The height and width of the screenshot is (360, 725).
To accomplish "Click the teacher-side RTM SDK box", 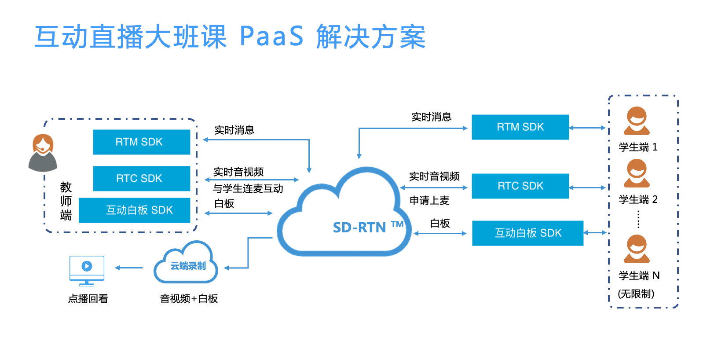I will pyautogui.click(x=141, y=142).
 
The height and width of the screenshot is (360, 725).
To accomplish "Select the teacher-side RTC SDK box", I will pyautogui.click(x=141, y=179).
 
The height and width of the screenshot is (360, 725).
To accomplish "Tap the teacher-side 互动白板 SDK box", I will pyautogui.click(x=135, y=210).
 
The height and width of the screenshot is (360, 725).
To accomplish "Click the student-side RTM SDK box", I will pyautogui.click(x=520, y=127).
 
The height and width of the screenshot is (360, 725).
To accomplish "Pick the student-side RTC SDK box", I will pyautogui.click(x=520, y=186).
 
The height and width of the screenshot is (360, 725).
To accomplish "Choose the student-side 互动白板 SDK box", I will pyautogui.click(x=527, y=233).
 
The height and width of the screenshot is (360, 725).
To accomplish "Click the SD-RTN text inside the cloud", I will pyautogui.click(x=359, y=228).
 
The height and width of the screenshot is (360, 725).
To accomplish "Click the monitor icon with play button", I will pyautogui.click(x=87, y=270).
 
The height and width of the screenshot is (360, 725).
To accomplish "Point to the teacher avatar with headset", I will pyautogui.click(x=43, y=153).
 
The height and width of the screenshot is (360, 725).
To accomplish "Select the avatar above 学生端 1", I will pyautogui.click(x=637, y=121).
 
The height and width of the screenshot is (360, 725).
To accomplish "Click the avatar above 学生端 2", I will pyautogui.click(x=637, y=173).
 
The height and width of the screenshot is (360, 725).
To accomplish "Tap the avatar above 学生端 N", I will pyautogui.click(x=637, y=249).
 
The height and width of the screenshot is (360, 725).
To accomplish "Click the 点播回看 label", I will pyautogui.click(x=88, y=299).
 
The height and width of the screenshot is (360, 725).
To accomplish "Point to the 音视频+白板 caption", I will pyautogui.click(x=189, y=299).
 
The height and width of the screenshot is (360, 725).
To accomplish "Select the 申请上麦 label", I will pyautogui.click(x=429, y=201).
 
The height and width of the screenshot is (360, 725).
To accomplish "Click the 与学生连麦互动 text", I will pyautogui.click(x=248, y=189).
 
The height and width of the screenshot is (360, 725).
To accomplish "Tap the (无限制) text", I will pyautogui.click(x=636, y=294).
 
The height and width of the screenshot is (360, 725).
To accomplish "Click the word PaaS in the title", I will pyautogui.click(x=271, y=36).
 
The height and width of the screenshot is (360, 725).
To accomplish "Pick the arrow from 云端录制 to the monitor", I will pyautogui.click(x=129, y=268).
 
